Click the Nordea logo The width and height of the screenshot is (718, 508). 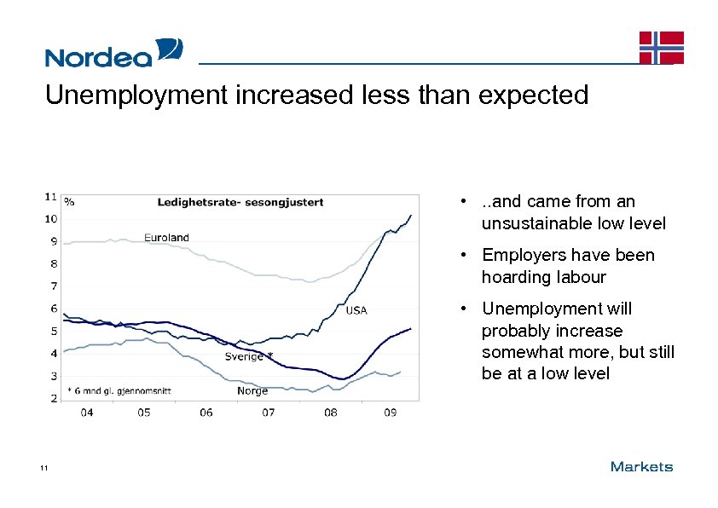[x=113, y=53]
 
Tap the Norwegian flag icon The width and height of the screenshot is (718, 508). [x=661, y=48]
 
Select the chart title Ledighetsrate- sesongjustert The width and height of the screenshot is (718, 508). [x=240, y=202]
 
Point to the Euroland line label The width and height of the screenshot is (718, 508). [x=166, y=237]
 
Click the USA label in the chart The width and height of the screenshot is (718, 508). [x=356, y=310]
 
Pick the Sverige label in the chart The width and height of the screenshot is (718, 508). [x=245, y=356]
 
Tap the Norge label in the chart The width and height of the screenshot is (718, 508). [x=252, y=391]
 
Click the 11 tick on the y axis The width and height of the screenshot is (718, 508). [x=51, y=196]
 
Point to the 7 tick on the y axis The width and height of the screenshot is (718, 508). [x=54, y=286]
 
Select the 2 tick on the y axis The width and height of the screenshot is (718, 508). [x=54, y=398]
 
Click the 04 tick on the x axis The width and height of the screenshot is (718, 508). [x=87, y=413]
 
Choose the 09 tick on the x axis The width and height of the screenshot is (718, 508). [x=390, y=413]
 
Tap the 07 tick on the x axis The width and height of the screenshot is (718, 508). [x=268, y=413]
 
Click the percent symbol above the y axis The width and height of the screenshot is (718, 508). [x=69, y=202]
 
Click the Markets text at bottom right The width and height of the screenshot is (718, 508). [x=641, y=466]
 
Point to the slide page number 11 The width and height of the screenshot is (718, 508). [x=43, y=468]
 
